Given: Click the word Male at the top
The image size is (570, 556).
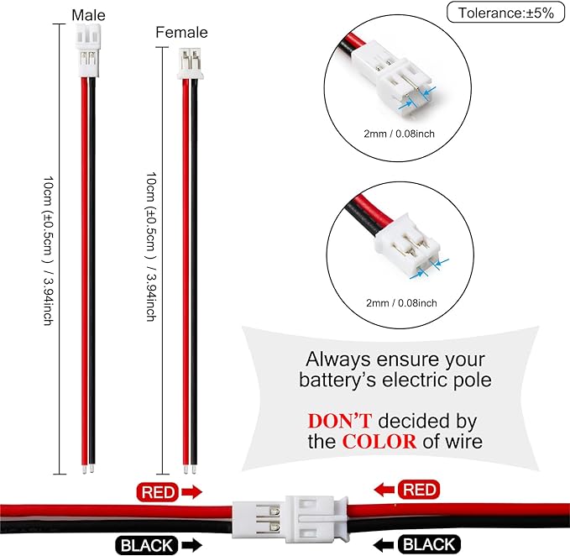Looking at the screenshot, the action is point(88,15).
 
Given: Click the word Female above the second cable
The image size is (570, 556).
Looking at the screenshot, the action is point(181,33).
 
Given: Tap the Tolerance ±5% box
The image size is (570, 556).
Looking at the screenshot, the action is point(505,13).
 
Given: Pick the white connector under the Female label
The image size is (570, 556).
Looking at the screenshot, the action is point(190,64).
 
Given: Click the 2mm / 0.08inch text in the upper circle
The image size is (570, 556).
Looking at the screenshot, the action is point(399,134).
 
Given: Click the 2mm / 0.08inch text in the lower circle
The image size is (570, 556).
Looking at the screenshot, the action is point(401,303).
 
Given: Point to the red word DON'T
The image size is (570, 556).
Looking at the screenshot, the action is point(340,421).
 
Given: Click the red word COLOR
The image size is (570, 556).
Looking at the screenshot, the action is point(379,442).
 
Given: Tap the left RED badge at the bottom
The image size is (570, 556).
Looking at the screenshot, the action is point(158,492).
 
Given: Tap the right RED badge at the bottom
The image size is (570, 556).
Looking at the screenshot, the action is point(419,490).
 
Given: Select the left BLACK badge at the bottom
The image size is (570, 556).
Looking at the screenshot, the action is point(147,545).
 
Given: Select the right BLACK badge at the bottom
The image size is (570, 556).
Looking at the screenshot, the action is point(429,544).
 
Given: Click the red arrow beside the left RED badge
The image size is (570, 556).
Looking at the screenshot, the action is point(191,492).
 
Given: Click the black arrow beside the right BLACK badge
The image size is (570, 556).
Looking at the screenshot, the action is point(384,545).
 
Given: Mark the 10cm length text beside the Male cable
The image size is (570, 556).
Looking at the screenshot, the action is point(49,251).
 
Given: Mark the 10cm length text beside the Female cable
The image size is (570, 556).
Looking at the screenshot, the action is point(151,247).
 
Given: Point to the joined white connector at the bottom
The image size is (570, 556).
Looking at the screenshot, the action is point(290,519).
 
